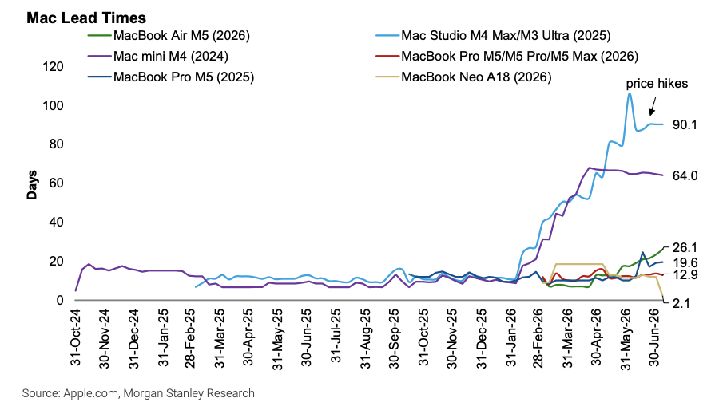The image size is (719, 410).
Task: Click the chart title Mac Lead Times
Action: (86, 18)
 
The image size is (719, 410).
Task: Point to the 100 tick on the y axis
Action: (53, 106)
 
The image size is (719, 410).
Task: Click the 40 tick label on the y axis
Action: (57, 223)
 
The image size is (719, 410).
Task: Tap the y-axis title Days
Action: (32, 185)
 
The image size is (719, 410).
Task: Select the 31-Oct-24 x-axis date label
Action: (76, 337)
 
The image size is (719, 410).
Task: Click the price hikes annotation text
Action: (657, 84)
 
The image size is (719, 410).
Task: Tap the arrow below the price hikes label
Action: (653, 106)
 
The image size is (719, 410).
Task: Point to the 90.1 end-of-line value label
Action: (685, 124)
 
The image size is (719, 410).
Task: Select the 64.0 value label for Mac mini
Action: (685, 175)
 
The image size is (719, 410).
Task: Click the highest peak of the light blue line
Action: (630, 94)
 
